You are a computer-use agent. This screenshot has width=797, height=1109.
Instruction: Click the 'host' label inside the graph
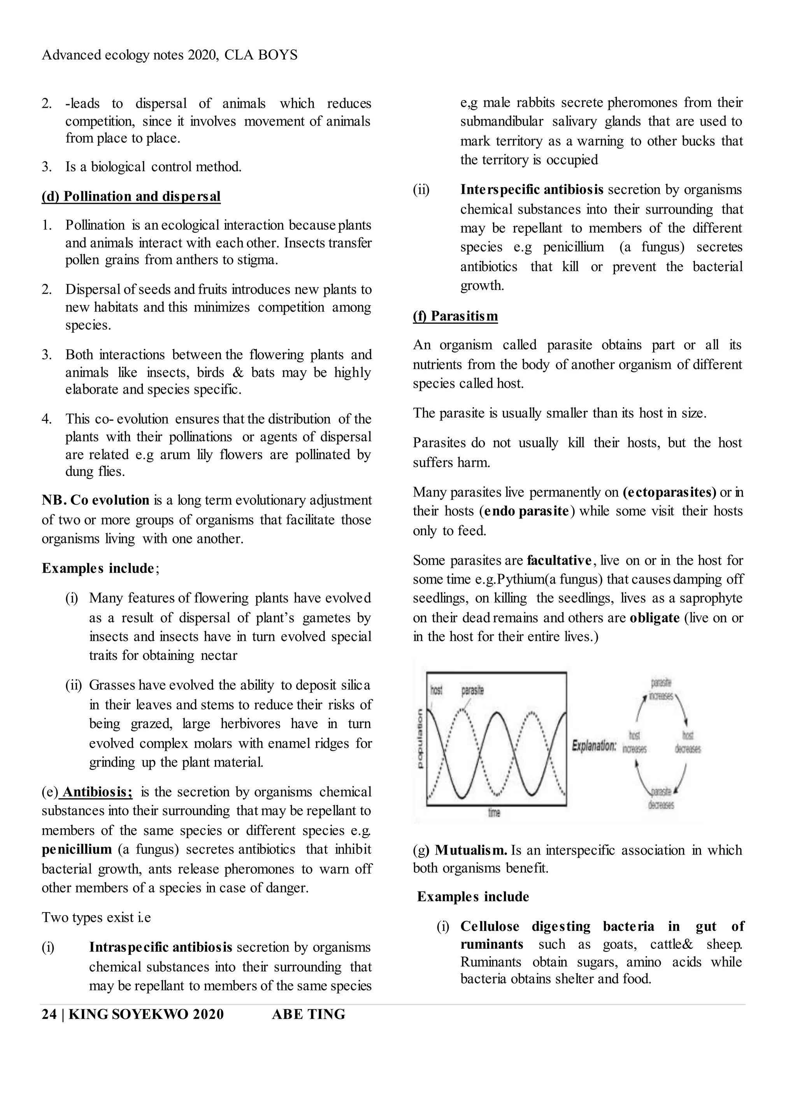(436, 690)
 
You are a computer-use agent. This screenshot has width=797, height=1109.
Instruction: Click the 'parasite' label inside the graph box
(472, 690)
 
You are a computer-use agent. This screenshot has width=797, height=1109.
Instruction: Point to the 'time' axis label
(494, 812)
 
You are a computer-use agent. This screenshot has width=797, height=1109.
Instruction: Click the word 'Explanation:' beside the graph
(594, 746)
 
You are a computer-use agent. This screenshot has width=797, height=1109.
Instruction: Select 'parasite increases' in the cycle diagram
(661, 689)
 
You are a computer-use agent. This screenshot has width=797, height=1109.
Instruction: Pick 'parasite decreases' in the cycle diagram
(661, 799)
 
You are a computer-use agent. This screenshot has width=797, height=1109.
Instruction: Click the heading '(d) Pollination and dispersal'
(131, 196)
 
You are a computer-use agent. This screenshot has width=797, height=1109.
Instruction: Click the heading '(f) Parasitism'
(455, 316)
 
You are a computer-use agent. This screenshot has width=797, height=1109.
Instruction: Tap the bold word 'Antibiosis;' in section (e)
(97, 792)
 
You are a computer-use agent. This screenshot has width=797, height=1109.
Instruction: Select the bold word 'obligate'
(655, 618)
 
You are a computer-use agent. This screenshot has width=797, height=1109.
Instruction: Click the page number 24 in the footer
(49, 1014)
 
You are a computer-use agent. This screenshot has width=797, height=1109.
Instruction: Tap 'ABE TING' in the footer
(308, 1014)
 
